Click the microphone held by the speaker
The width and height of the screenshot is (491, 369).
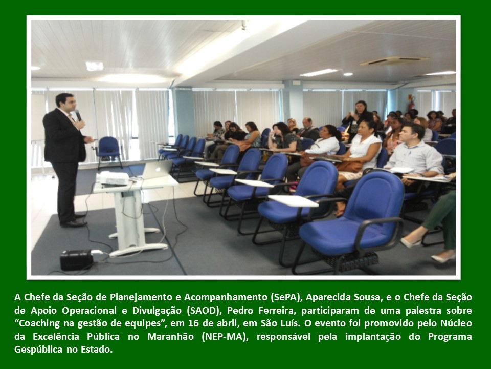(78, 115)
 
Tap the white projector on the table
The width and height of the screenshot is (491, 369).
(114, 178)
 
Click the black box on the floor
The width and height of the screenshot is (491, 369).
(77, 260)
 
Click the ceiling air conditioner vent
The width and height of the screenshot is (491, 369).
(394, 61)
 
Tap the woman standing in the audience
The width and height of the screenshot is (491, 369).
(357, 119)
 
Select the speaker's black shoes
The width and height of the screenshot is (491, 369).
(74, 221)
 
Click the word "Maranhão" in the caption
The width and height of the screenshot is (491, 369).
(171, 336)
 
